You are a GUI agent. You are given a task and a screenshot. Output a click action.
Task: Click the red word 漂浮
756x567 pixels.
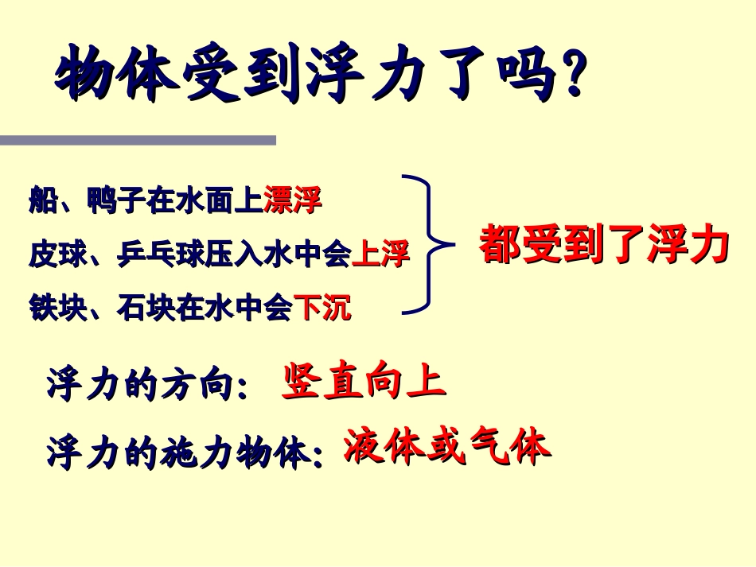pyautogui.click(x=292, y=201)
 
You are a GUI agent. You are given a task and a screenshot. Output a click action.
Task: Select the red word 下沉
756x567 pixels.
pyautogui.click(x=322, y=307)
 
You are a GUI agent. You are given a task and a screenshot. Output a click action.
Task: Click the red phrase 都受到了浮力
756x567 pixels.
pyautogui.click(x=604, y=245)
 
